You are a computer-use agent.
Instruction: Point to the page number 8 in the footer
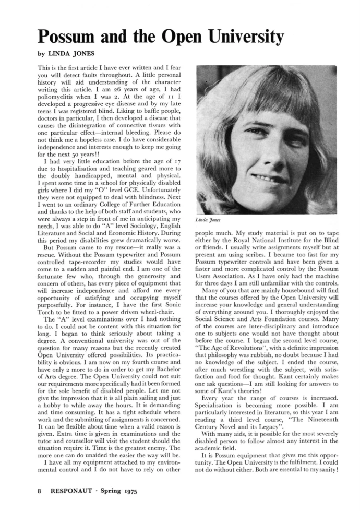[x=39, y=491]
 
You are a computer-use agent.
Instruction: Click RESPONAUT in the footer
[x=74, y=491]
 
